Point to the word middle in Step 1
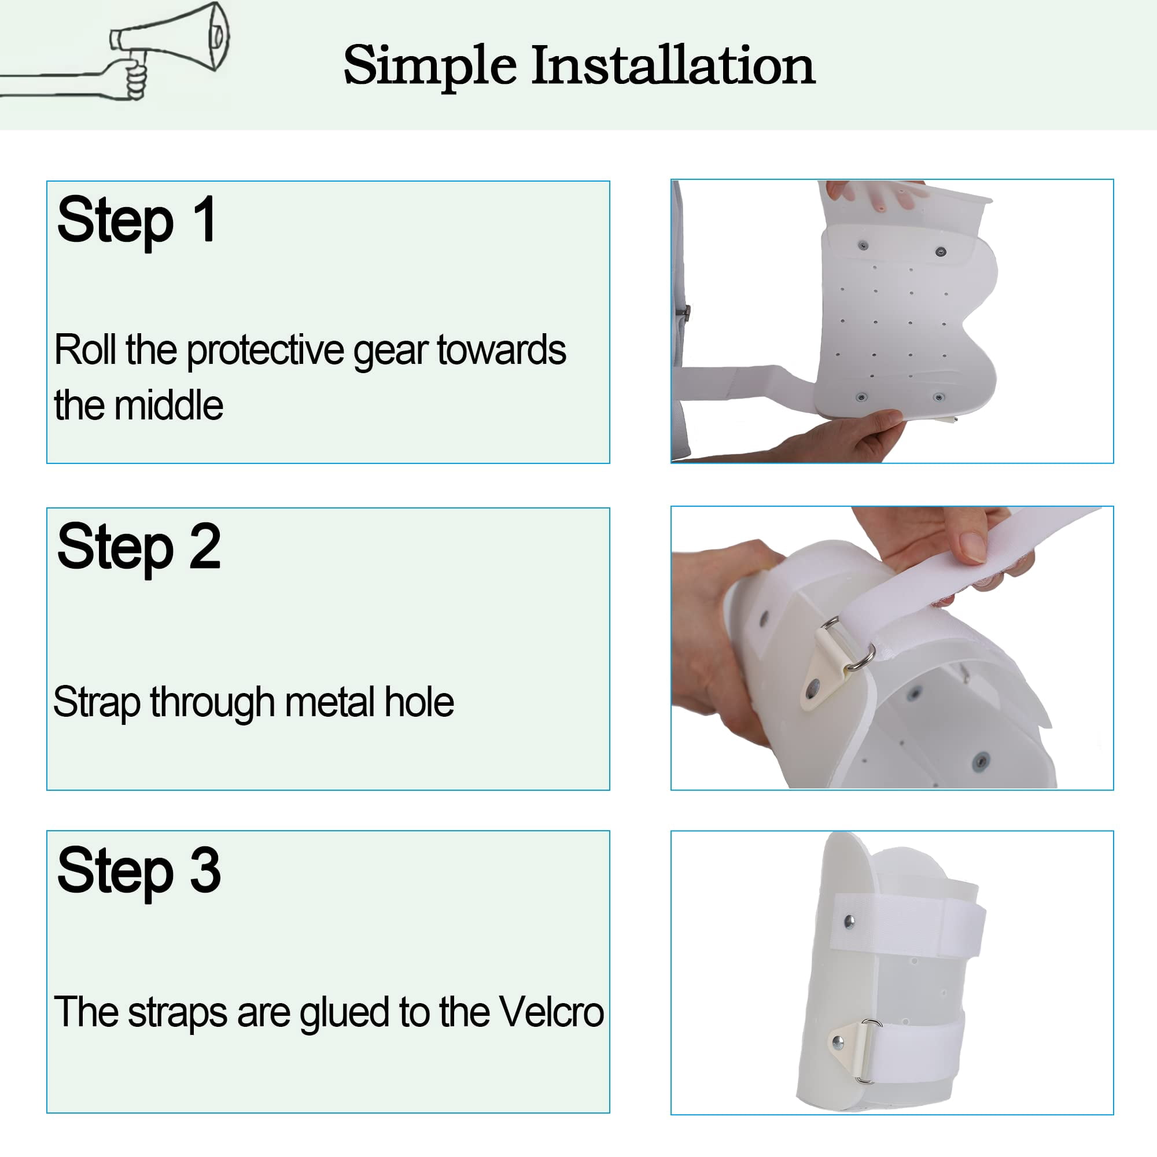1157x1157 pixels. tap(169, 406)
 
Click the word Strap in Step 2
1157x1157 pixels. tap(97, 703)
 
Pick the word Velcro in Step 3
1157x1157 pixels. tap(551, 1012)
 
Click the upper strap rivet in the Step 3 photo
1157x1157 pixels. tap(849, 920)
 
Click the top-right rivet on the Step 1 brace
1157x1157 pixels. tap(941, 252)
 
